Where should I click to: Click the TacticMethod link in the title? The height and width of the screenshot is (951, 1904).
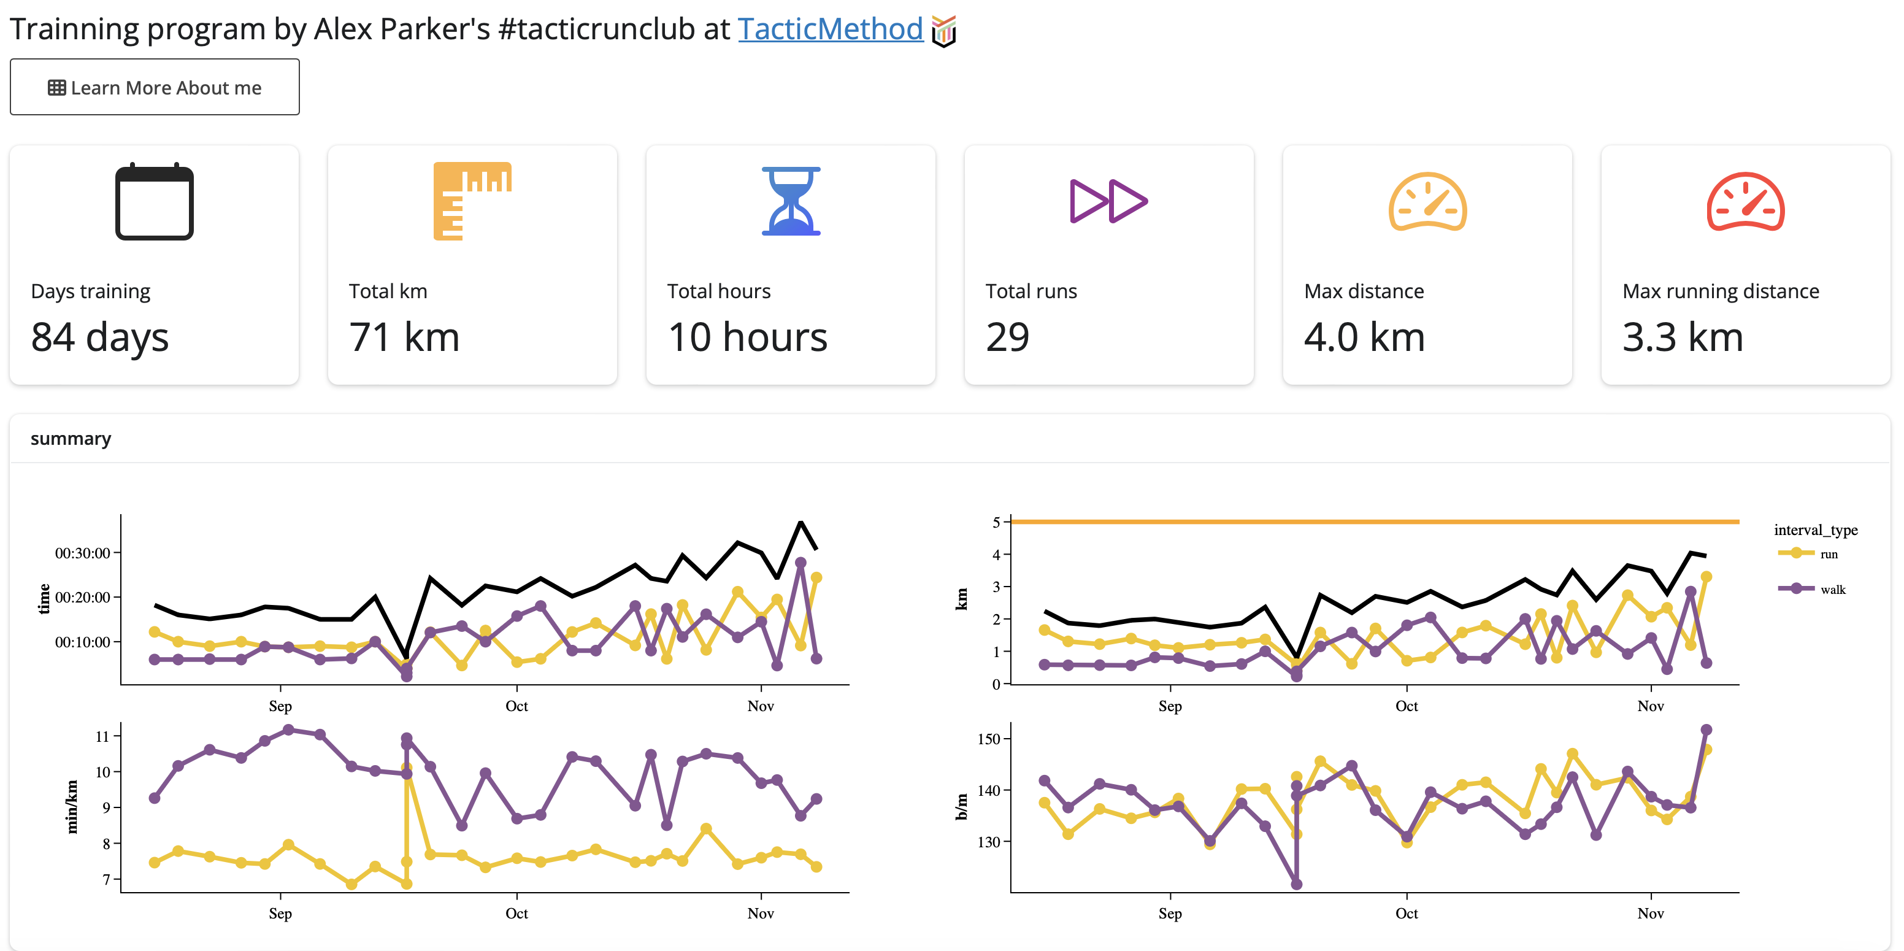tap(830, 29)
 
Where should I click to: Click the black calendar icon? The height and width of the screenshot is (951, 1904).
tap(155, 202)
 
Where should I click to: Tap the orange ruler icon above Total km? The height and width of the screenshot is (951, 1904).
tap(472, 201)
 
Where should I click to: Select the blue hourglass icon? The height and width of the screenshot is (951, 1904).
tap(791, 201)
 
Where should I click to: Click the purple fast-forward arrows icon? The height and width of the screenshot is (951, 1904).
tap(1108, 201)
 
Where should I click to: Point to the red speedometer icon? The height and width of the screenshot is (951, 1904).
tap(1745, 202)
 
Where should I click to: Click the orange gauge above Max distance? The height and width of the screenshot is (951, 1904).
tap(1427, 202)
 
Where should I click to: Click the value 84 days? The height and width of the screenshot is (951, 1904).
tap(100, 337)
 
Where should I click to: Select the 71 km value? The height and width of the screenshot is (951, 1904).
tap(404, 337)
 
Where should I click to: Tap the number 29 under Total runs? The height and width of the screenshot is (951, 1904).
tap(1007, 337)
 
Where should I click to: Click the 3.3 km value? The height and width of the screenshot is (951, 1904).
tap(1683, 337)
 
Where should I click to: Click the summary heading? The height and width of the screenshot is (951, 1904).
tap(71, 439)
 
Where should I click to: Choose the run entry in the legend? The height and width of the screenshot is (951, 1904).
tap(1828, 554)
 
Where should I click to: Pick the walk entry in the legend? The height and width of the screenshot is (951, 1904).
tap(1832, 590)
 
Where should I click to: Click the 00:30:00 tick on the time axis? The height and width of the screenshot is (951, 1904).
tap(82, 553)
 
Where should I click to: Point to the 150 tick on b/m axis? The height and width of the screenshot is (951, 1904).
tap(988, 739)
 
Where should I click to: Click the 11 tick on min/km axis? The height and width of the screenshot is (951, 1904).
tap(102, 736)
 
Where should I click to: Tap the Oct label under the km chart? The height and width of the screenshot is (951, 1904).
tap(1406, 706)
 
